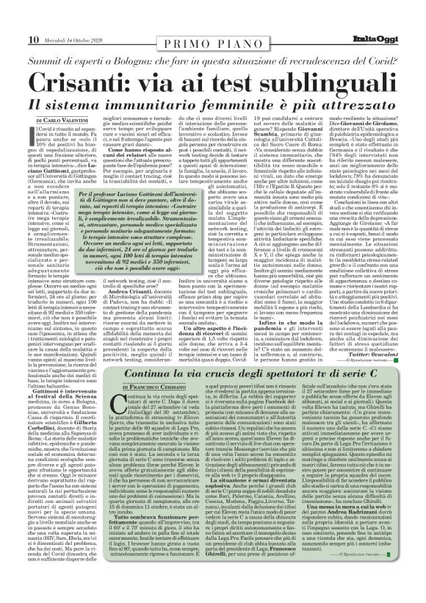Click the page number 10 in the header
[x=14, y=18]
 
